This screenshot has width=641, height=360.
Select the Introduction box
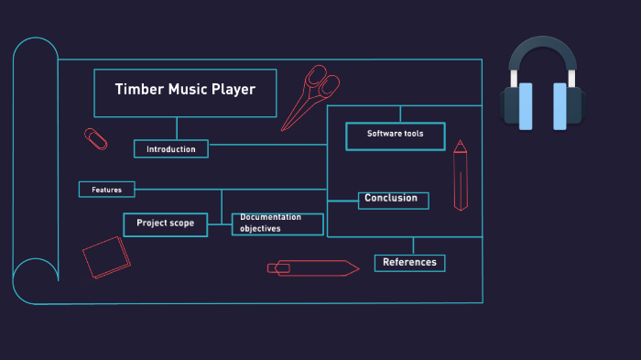pyautogui.click(x=171, y=148)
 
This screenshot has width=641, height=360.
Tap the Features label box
pyautogui.click(x=106, y=190)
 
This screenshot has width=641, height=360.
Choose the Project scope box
pyautogui.click(x=166, y=224)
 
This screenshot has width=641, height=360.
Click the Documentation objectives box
pyautogui.click(x=277, y=224)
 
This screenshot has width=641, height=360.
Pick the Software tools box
pyautogui.click(x=395, y=136)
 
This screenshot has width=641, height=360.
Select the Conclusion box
pyautogui.click(x=393, y=200)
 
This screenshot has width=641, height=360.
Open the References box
pyautogui.click(x=409, y=263)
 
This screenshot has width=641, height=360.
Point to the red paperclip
pyautogui.click(x=95, y=139)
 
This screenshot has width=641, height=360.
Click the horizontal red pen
pyautogui.click(x=312, y=267)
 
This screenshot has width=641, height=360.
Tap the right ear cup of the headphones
pyautogui.click(x=565, y=106)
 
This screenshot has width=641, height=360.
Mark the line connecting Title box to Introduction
pyautogui.click(x=178, y=128)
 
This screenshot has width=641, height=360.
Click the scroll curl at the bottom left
pyautogui.click(x=35, y=280)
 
